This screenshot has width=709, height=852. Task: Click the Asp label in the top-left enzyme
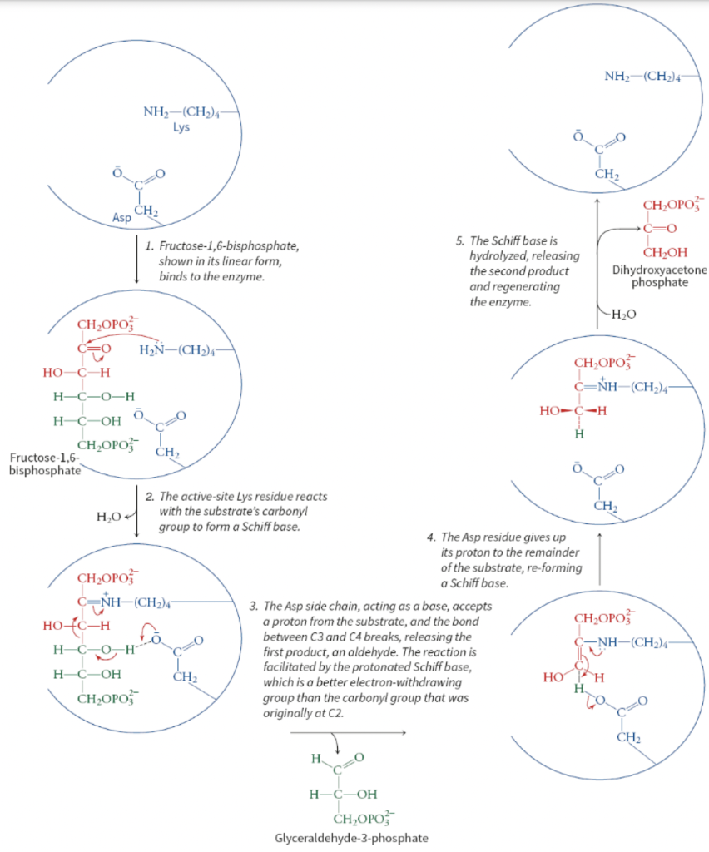122,218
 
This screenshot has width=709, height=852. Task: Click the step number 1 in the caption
148,248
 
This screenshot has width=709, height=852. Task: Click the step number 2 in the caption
149,497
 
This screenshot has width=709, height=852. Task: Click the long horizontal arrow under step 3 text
349,733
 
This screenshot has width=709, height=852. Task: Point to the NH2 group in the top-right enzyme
617,77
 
